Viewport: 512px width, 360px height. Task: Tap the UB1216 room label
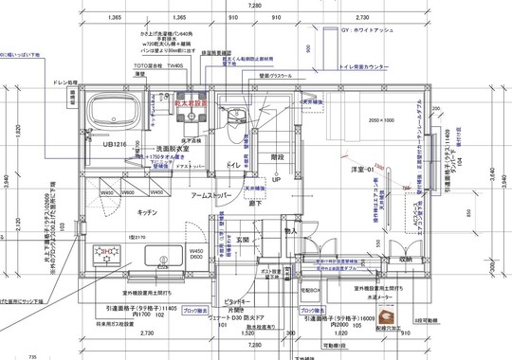(115, 145)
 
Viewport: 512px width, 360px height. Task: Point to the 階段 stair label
(277, 157)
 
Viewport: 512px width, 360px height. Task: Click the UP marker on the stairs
(276, 179)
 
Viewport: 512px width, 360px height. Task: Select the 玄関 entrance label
(244, 240)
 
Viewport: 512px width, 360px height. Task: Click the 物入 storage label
(291, 230)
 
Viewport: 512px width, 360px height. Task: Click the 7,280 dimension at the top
(255, 6)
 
